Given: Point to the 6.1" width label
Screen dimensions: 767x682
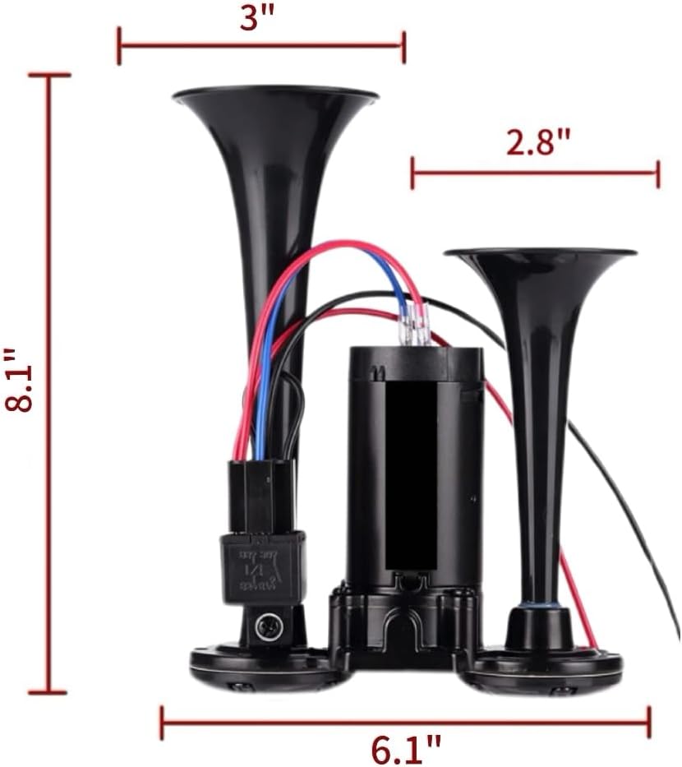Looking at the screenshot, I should click(x=405, y=749).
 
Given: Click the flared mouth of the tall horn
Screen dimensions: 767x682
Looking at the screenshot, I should click(x=275, y=97).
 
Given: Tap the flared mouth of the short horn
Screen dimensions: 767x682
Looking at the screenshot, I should click(x=540, y=254).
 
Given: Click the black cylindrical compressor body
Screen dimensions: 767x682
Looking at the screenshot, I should click(x=412, y=460).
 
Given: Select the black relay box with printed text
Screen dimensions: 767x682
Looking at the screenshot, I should click(x=262, y=568).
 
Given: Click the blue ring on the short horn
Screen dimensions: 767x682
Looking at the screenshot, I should click(x=538, y=606).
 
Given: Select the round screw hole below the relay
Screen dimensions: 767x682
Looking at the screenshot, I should click(x=268, y=627).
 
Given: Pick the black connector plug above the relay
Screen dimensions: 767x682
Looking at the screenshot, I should click(x=261, y=496).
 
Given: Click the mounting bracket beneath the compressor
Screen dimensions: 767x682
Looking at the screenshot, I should click(x=403, y=621).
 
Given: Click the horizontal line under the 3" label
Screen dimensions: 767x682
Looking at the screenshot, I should click(x=261, y=44).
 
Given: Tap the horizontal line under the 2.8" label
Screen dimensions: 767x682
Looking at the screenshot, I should click(x=535, y=173).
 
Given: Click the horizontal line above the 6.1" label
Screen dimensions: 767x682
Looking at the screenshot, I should click(x=405, y=722).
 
